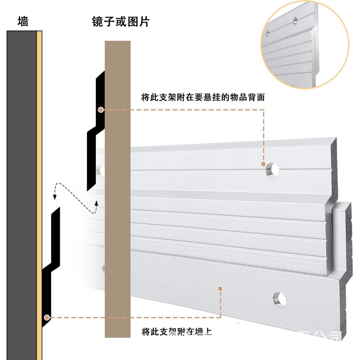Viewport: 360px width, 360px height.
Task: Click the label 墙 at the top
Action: click(22, 21)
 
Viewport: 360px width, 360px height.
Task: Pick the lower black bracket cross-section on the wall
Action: click(51, 265)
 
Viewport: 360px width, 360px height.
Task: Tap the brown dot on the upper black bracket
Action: click(101, 109)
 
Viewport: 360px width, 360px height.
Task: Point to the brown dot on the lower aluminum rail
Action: click(220, 288)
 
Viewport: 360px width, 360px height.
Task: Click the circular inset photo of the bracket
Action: click(306, 43)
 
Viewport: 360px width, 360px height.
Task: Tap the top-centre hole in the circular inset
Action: click(295, 20)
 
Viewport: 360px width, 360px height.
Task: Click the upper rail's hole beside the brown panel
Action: click(101, 171)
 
